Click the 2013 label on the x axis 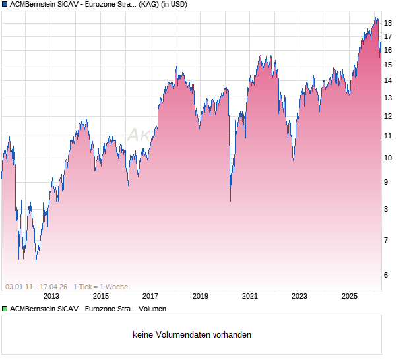click(51, 297)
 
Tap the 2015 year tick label click(101, 297)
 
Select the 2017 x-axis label click(150, 297)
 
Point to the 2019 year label click(200, 297)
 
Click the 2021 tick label click(249, 297)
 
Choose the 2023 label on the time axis click(299, 297)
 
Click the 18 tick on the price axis click(388, 23)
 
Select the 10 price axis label click(388, 158)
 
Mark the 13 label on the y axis click(388, 98)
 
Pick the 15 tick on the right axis click(388, 65)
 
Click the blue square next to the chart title click(5, 5)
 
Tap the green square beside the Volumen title click(5, 309)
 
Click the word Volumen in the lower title click(152, 309)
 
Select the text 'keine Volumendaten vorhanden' click(192, 335)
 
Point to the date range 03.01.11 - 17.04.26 click(36, 287)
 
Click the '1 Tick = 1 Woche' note click(100, 287)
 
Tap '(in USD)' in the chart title click(171, 5)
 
